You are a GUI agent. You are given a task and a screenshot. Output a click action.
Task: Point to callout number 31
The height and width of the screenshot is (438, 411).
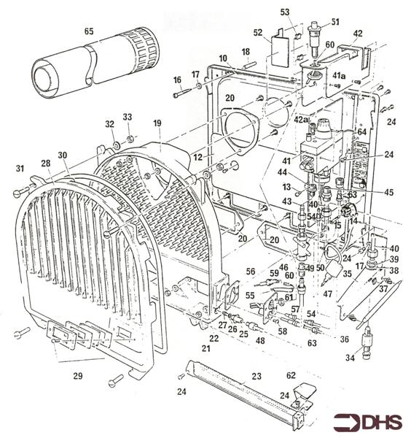click(20, 169)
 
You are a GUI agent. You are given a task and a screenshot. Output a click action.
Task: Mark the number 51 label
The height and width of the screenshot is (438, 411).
click(335, 21)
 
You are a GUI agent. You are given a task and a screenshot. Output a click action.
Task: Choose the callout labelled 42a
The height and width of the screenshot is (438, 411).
click(300, 119)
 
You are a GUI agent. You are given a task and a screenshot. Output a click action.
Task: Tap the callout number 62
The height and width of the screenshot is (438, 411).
click(291, 375)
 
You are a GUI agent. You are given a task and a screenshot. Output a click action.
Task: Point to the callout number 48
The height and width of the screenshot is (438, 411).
click(260, 341)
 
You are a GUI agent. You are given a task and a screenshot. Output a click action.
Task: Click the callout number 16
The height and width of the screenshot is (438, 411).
click(177, 79)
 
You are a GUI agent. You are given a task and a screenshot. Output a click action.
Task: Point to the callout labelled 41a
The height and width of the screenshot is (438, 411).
click(340, 76)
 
